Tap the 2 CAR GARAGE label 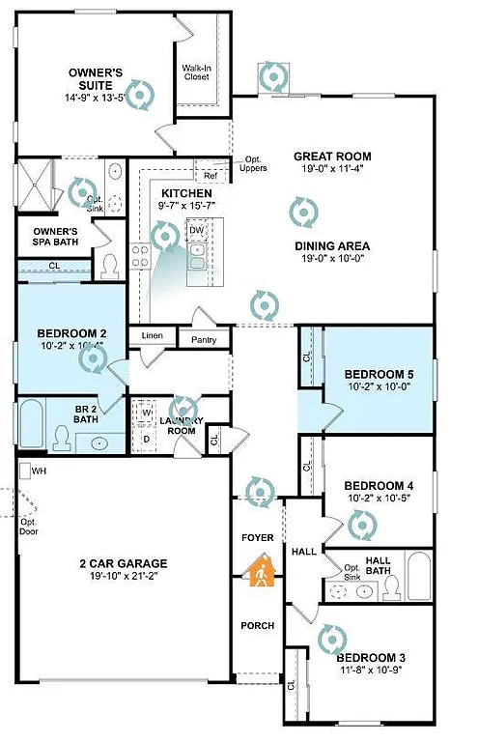pyautogui.click(x=123, y=564)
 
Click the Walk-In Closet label pyautogui.click(x=198, y=73)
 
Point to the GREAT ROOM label pyautogui.click(x=331, y=157)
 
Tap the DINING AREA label pyautogui.click(x=331, y=245)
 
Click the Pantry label pyautogui.click(x=204, y=340)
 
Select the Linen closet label pyautogui.click(x=153, y=336)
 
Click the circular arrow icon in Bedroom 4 pyautogui.click(x=363, y=526)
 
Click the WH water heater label pyautogui.click(x=39, y=471)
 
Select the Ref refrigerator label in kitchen pyautogui.click(x=210, y=176)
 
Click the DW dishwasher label pyautogui.click(x=196, y=230)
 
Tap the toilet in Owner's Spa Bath pyautogui.click(x=109, y=263)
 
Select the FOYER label pyautogui.click(x=257, y=537)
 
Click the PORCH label pyautogui.click(x=257, y=625)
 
